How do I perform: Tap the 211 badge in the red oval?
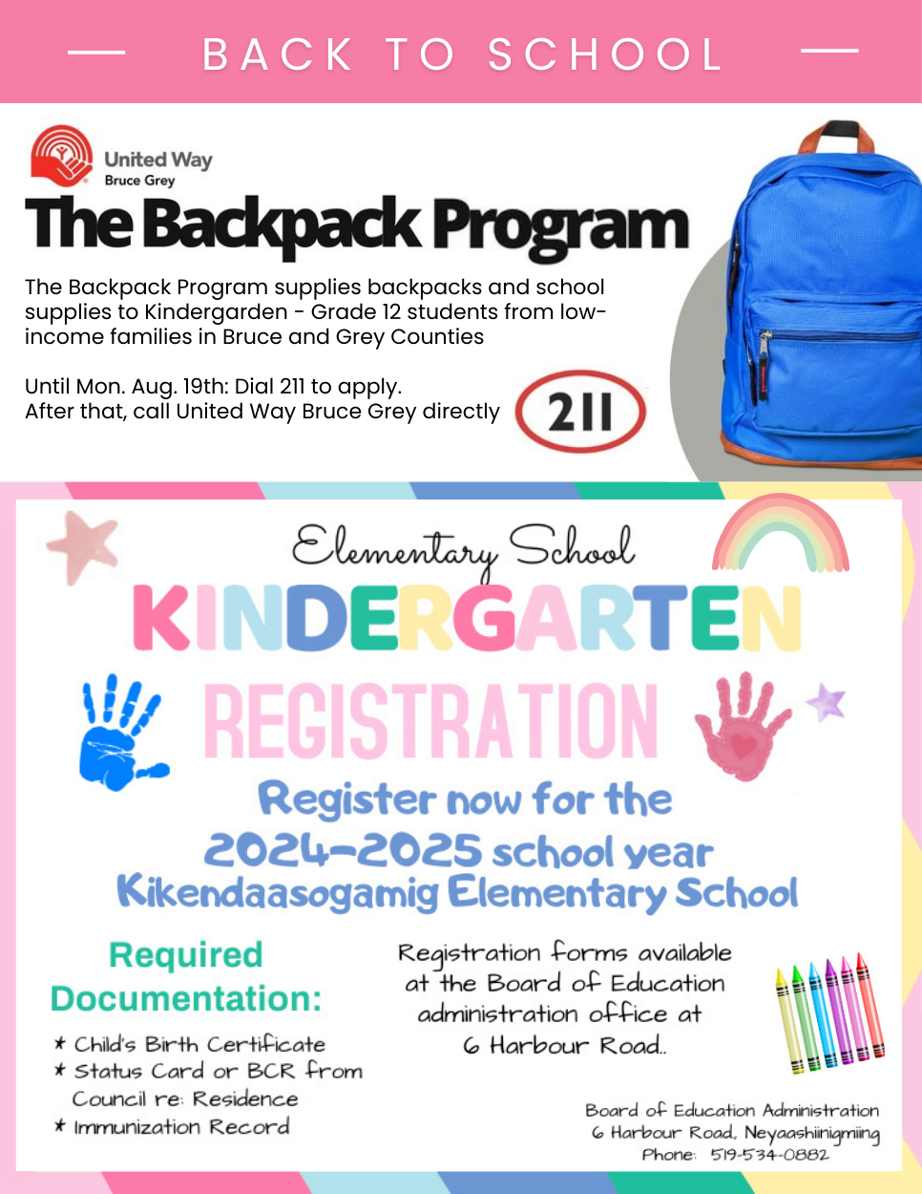tap(580, 413)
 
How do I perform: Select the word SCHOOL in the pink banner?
tap(605, 55)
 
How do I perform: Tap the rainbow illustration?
tap(780, 536)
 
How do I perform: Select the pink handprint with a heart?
tap(740, 724)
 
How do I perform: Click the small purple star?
tap(826, 702)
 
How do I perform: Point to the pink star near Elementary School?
tap(83, 545)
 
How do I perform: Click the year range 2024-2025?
tap(343, 849)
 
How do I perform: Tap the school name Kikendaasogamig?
tap(278, 893)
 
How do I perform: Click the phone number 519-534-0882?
tap(769, 1155)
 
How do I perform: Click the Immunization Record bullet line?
tap(181, 1127)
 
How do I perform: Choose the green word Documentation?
tap(186, 999)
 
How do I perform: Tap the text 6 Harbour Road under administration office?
tap(563, 1046)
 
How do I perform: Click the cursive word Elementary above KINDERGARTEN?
tap(394, 550)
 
